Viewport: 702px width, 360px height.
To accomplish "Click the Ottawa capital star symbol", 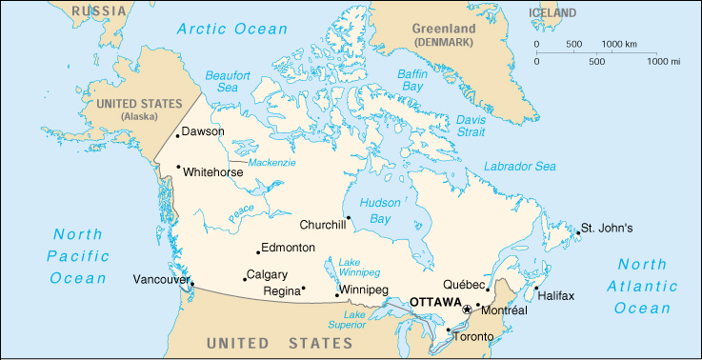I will pos(467,310).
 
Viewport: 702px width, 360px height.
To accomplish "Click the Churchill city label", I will pos(322,225).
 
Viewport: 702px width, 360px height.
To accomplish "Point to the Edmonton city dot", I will pos(258,252).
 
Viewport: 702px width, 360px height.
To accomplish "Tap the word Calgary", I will pos(267,274).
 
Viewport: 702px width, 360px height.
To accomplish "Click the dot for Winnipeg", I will pos(337,295).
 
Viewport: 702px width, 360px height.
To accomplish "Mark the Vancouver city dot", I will pos(192,284).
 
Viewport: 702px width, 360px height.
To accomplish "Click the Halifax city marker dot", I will pos(536,289).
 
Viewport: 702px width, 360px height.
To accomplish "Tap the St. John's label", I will pos(607,229).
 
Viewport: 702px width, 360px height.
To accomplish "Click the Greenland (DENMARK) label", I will pos(445,36).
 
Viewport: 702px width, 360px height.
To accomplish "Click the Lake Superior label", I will pos(355,320).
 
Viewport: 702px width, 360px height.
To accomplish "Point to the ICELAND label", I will pos(552,13).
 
